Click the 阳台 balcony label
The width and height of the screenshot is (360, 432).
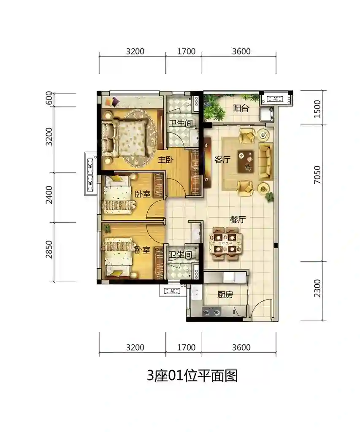pos(241,108)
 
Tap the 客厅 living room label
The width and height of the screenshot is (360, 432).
pos(222,159)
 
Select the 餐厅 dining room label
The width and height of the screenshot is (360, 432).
pos(238,219)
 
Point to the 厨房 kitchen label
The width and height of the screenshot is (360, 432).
pos(225,295)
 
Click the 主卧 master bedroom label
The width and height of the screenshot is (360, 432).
pos(165,159)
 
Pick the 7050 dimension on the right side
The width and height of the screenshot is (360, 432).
pos(317,175)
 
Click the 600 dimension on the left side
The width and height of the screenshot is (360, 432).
pos(49,98)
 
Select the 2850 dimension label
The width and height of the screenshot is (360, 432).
pos(49,250)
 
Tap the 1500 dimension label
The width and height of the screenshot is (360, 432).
pos(317,109)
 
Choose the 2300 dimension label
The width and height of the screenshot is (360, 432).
pos(317,289)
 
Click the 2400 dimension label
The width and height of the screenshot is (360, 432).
pos(49,195)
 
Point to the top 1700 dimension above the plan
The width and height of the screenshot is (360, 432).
pos(187,51)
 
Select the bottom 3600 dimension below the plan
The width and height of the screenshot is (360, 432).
pos(241,347)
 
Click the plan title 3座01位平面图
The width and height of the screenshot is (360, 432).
pos(192,375)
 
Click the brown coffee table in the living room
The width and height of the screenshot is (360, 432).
pos(246,161)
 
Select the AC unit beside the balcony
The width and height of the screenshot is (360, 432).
pos(276,99)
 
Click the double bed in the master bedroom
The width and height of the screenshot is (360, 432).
pos(124,138)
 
